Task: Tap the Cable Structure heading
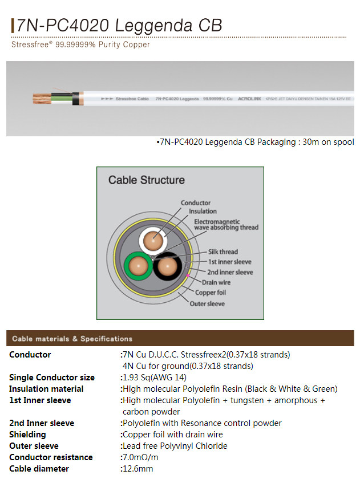click(147, 180)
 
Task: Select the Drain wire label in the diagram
click(216, 282)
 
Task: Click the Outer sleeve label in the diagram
click(207, 303)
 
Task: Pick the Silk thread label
click(223, 251)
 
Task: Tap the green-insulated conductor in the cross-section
click(138, 266)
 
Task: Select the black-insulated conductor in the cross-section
click(167, 266)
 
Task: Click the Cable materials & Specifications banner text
click(72, 339)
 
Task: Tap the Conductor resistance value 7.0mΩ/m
click(140, 457)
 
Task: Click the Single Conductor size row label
click(52, 378)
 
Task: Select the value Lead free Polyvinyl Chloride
click(175, 446)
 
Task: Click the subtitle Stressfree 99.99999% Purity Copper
click(80, 44)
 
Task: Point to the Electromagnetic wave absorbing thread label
click(226, 224)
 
